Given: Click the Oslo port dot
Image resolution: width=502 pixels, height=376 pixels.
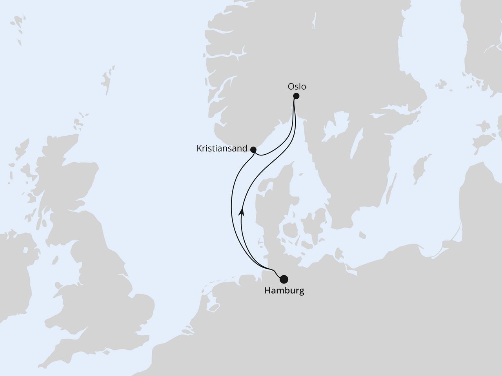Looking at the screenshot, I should click(x=296, y=96).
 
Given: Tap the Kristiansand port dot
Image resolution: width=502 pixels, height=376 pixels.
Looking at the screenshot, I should click(x=253, y=149).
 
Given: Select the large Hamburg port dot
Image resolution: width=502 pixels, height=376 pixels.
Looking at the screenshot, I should click(x=284, y=279).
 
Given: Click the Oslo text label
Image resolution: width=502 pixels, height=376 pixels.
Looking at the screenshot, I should click(x=296, y=87).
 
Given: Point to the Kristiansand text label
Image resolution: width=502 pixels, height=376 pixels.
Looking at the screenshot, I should click(x=222, y=149).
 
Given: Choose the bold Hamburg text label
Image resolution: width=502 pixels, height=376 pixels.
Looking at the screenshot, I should click(x=284, y=291).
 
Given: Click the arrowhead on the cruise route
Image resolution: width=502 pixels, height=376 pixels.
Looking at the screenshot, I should click(x=242, y=212).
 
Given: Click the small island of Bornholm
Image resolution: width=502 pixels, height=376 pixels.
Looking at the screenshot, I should click(x=360, y=235).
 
